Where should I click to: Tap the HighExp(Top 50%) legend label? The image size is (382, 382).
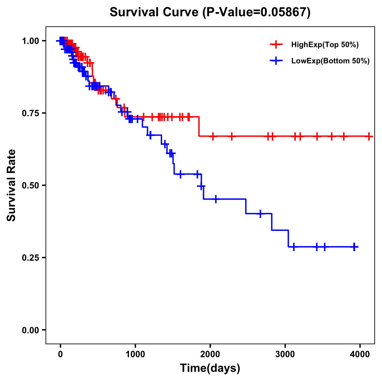[x=325, y=45]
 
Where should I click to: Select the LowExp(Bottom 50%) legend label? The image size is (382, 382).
[x=330, y=61]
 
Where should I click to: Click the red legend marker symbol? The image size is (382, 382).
[x=276, y=45]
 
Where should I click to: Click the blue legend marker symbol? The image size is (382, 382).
[x=276, y=61]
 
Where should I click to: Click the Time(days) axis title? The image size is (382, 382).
[x=210, y=368]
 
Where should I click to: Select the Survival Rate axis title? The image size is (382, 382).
[x=11, y=185]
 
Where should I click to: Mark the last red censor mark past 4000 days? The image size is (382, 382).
[x=369, y=136]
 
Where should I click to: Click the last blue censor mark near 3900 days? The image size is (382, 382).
[x=354, y=247]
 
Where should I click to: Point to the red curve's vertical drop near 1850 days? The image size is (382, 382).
[x=199, y=127]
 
